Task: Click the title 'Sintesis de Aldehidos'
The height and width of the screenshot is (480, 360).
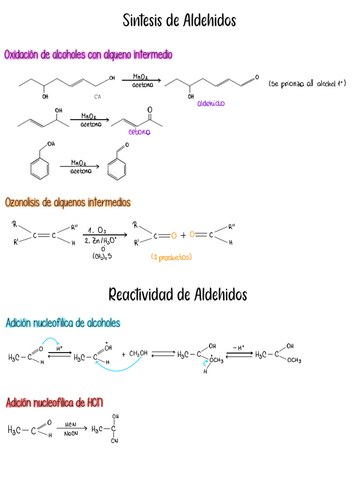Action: (x=180, y=21)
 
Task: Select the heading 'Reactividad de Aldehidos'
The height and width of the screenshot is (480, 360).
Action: (x=178, y=295)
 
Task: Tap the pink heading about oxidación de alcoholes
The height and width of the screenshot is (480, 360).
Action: (x=88, y=55)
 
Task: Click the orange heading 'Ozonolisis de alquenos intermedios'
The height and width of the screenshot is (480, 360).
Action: (x=68, y=202)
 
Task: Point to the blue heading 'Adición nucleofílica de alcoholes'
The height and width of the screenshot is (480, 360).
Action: (x=63, y=323)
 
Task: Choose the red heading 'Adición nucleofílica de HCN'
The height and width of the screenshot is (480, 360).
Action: (x=54, y=402)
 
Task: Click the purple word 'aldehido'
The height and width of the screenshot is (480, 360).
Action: (x=211, y=104)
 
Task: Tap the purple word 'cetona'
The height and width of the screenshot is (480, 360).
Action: (x=140, y=132)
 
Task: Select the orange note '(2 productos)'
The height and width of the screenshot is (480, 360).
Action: (x=172, y=257)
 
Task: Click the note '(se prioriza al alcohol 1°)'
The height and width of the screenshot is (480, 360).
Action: (x=307, y=84)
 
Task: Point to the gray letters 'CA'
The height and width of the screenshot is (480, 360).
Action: (x=97, y=97)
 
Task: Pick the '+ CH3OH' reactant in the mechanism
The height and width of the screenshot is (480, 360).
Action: (x=135, y=353)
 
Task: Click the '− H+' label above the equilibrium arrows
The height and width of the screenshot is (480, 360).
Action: (x=239, y=347)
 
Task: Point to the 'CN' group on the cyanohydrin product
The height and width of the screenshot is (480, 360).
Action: (x=114, y=441)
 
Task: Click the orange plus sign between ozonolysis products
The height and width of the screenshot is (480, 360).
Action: (x=183, y=235)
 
